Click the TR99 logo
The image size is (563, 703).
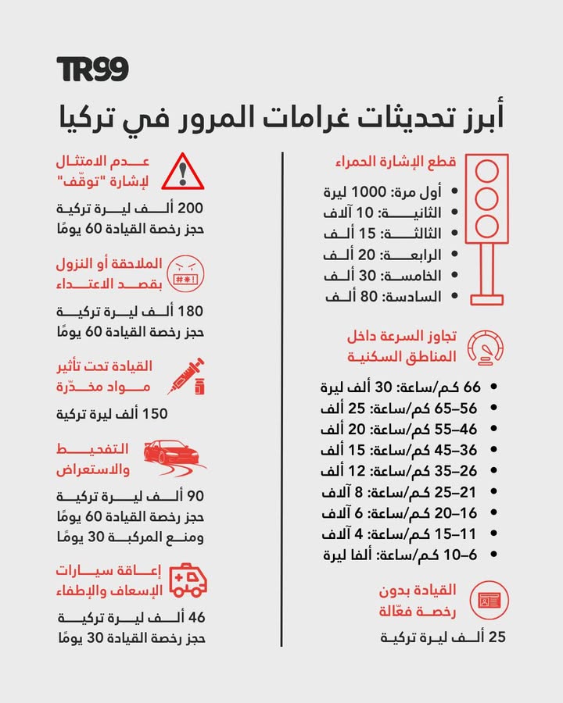[x=92, y=70]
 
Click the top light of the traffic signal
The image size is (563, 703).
[x=486, y=171]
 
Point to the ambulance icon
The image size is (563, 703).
[x=188, y=580]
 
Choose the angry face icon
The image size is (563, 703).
[x=185, y=273]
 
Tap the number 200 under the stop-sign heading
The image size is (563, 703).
[x=191, y=209]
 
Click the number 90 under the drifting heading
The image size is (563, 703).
[x=194, y=497]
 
